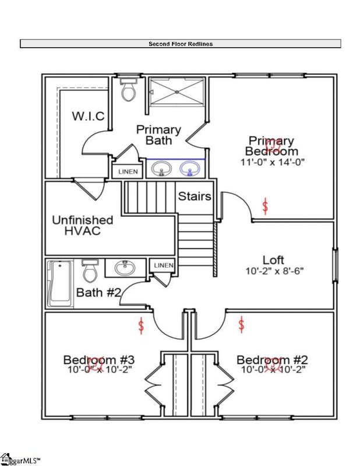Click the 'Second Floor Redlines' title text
coord(180,44)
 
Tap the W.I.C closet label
coord(89,116)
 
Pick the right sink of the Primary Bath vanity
coord(188,169)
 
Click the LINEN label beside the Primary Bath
coord(128,172)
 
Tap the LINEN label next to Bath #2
coord(164,266)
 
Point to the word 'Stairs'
coord(195,196)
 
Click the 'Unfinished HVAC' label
coord(83,225)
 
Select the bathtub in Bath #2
coord(61,284)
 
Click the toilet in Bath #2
coord(90,271)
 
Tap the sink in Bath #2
coord(124,268)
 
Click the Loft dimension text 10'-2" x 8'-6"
coord(275,271)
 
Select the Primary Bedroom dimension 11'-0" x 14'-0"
coord(272,161)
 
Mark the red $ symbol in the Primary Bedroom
coord(266,206)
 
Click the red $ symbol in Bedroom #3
coord(140,325)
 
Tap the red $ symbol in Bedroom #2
coord(241,324)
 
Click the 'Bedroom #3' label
coord(99,359)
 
